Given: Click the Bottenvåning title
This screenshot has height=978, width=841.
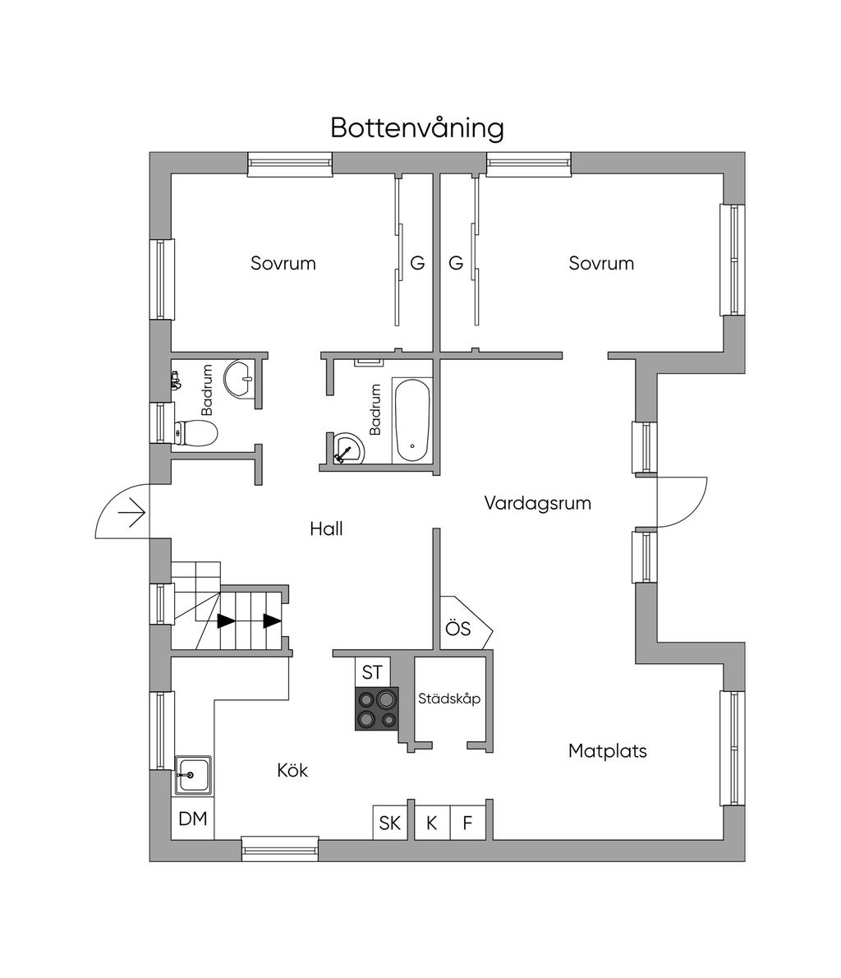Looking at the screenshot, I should click(417, 128).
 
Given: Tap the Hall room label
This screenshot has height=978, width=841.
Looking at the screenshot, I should click(326, 528).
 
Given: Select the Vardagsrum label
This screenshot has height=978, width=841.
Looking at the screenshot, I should click(537, 502).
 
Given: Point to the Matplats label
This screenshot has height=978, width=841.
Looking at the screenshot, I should click(607, 750).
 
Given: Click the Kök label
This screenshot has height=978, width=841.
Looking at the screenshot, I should click(292, 770).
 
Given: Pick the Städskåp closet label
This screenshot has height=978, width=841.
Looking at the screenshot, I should click(448, 699).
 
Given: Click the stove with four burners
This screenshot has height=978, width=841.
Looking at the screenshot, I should click(376, 708).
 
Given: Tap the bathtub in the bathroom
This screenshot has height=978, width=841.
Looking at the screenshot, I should click(411, 419).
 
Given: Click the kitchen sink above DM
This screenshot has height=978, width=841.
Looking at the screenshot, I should click(193, 775).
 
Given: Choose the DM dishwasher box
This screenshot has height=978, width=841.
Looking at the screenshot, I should click(193, 819).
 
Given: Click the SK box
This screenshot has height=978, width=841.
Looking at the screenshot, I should click(390, 822).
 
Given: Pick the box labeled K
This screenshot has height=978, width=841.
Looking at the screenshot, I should click(432, 822).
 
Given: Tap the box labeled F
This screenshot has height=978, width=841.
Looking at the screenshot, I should click(468, 822).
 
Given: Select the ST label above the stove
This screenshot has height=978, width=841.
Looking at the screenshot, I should click(372, 671).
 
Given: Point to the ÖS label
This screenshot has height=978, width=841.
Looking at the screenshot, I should click(458, 629).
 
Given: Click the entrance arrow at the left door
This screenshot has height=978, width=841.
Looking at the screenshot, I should click(131, 514).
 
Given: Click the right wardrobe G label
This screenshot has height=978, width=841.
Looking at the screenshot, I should click(456, 264).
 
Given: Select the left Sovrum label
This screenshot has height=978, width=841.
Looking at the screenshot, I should click(283, 264).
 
